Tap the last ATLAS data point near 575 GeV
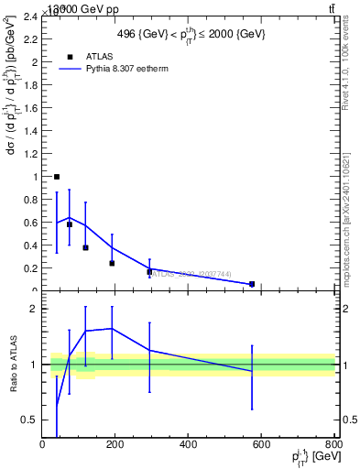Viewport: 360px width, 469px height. pos(252,284)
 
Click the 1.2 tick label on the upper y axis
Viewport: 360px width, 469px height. pos(31,154)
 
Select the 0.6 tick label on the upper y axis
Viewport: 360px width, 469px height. pos(31,223)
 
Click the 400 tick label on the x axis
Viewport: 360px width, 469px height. pos(190,444)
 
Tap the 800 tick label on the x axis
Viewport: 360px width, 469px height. pos(334,444)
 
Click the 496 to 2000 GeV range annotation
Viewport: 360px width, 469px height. pos(191,34)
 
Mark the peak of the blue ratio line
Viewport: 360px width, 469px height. pos(112,328)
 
